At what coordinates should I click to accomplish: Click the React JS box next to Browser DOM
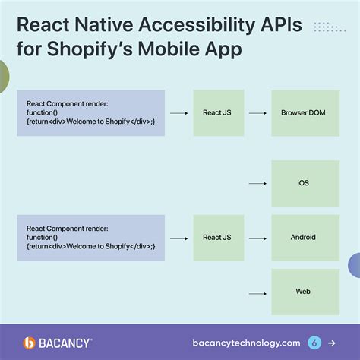[x=217, y=112]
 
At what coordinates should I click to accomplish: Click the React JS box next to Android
[x=217, y=238]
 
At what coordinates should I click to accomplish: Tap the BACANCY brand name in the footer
[x=67, y=343]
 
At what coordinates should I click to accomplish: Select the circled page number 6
[x=314, y=343]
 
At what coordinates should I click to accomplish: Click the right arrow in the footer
[x=331, y=343]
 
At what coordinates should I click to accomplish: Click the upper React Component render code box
[x=90, y=112]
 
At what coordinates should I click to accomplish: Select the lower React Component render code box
[x=90, y=238]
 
